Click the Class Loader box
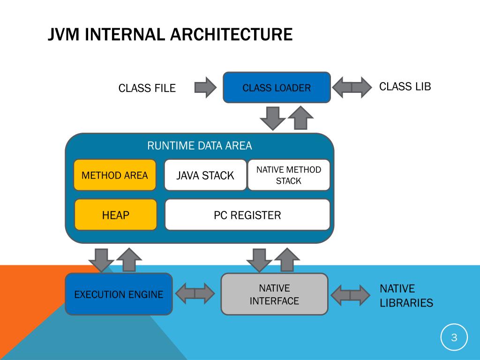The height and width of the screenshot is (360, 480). (x=277, y=88)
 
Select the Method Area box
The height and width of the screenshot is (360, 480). (x=115, y=175)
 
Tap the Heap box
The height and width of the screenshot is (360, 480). (x=116, y=215)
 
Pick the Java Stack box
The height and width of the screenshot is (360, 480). (x=205, y=175)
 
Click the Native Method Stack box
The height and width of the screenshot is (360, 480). (x=289, y=175)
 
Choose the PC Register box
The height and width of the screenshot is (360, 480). (x=247, y=215)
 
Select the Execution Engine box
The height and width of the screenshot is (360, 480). (x=119, y=294)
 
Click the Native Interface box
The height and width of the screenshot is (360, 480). (x=274, y=294)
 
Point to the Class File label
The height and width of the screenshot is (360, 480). (x=147, y=88)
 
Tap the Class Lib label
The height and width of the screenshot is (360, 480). (x=405, y=87)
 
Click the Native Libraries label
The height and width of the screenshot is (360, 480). (x=406, y=296)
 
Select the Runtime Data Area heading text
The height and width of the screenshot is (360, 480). (x=200, y=146)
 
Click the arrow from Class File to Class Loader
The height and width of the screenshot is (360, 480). (x=205, y=88)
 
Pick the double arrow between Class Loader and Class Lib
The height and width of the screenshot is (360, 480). (x=352, y=88)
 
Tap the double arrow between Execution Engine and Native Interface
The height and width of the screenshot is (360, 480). (x=195, y=293)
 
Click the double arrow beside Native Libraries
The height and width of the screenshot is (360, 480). (x=350, y=295)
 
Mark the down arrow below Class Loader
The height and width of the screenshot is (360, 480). (x=272, y=118)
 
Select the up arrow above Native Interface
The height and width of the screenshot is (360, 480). (x=287, y=259)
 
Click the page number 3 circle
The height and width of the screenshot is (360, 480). (x=454, y=337)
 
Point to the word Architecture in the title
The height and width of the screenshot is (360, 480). (x=231, y=34)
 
